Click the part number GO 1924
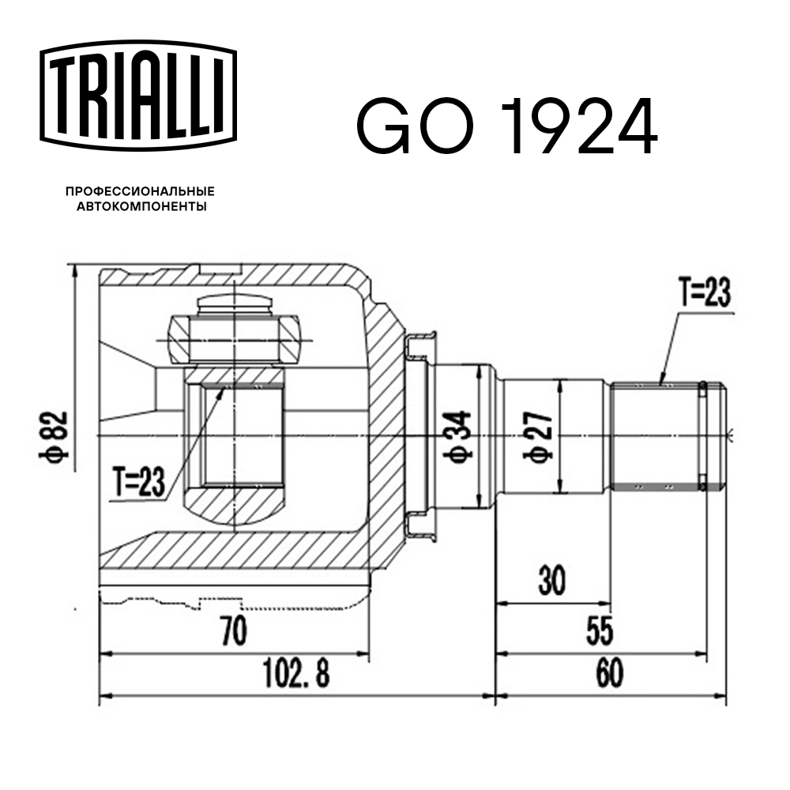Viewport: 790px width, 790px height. pos(506,126)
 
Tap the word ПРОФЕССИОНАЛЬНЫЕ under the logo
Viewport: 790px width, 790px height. pos(140,192)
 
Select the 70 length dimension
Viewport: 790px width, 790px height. pos(234,633)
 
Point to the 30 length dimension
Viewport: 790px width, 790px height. pos(553,582)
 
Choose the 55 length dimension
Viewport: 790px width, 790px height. pos(600,633)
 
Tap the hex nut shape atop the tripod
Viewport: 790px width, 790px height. pos(235,340)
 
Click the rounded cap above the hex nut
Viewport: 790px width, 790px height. pos(235,304)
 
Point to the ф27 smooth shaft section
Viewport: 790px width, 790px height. pos(585,436)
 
